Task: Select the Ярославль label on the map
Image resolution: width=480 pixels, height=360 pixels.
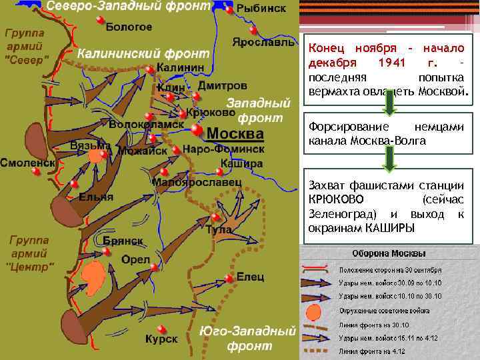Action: pos(263,42)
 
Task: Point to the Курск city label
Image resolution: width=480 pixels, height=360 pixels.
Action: pos(162,339)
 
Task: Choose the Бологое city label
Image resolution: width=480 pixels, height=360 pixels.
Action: pos(129,27)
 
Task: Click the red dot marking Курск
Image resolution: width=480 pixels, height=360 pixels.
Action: pos(162,329)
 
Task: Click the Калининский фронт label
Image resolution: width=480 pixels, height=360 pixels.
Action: pos(143,53)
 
